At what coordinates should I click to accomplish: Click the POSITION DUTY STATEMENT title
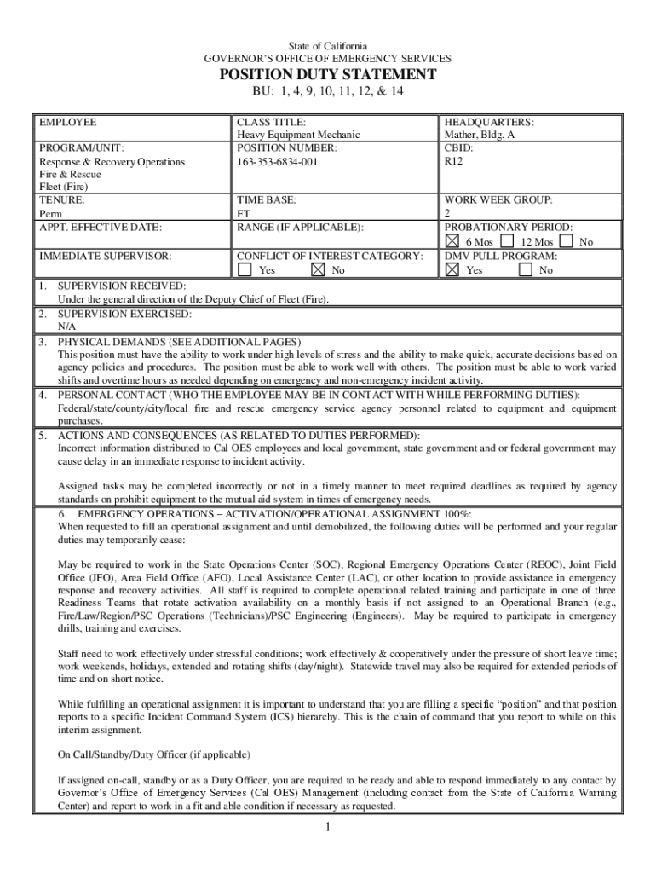coord(328,75)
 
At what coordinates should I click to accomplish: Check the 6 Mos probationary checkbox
coord(452,242)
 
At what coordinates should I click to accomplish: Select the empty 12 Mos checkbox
coord(507,242)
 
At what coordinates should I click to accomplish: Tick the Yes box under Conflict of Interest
coord(245,269)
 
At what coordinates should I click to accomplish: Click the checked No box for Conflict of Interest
coord(318,269)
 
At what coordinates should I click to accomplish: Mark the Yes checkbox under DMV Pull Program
coord(452,269)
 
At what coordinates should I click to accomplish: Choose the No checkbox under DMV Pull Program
coord(526,269)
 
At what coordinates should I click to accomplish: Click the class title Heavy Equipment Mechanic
coord(298,135)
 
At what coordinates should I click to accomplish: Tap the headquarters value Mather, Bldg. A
coord(479,135)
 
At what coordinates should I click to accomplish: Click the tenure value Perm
coord(50,213)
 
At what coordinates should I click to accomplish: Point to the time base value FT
coord(244,213)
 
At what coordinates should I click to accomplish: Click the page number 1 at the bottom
coord(328,828)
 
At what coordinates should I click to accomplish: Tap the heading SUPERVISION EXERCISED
coord(124,313)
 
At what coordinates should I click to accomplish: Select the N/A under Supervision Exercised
coord(66,326)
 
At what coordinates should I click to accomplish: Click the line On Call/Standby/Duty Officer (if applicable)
coord(153,754)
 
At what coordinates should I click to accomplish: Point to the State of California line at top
coord(328,45)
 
